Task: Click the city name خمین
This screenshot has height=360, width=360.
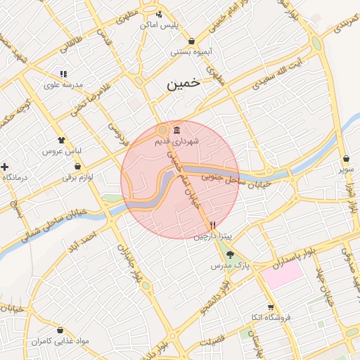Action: (x=184, y=83)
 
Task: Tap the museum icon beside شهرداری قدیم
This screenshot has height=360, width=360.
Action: (x=175, y=131)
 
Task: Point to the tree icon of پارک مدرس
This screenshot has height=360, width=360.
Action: (x=231, y=255)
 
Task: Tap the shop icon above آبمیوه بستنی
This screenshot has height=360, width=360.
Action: (x=191, y=41)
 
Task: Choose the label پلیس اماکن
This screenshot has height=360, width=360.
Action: (x=160, y=25)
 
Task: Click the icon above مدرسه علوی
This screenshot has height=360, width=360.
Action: (x=63, y=73)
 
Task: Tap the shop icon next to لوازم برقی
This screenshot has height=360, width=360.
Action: (x=77, y=167)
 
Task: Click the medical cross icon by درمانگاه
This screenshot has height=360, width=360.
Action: (x=5, y=167)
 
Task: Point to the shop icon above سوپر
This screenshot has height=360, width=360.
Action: (x=347, y=158)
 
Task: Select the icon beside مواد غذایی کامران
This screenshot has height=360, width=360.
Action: (x=60, y=330)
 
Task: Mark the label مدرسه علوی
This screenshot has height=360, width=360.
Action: (x=63, y=84)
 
